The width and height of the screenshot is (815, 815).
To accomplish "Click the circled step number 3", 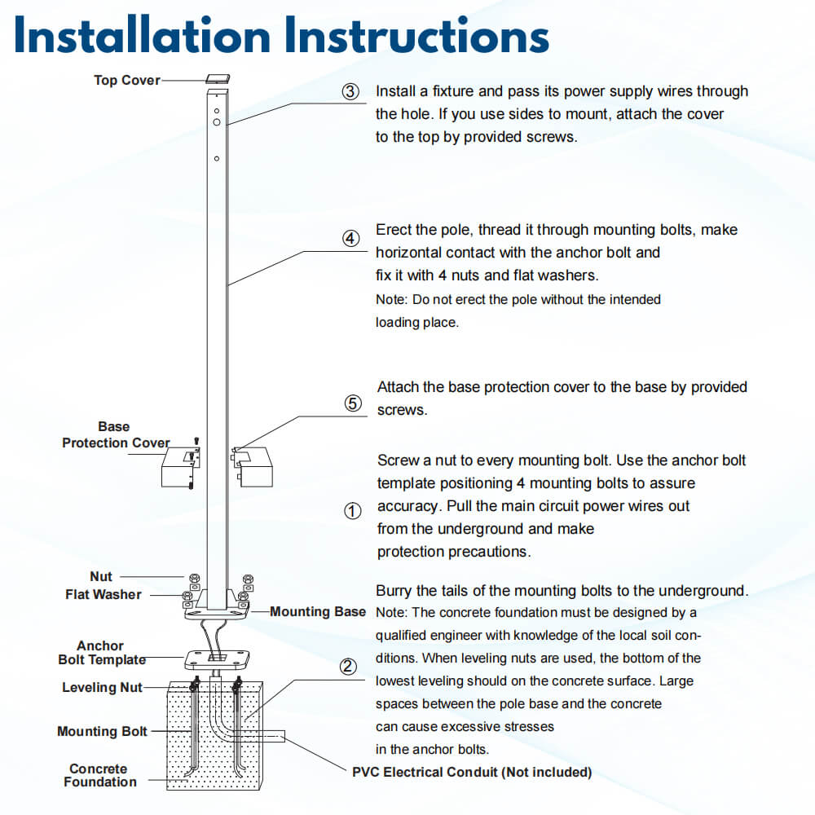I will coord(350,92).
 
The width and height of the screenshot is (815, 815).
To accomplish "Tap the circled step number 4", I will coord(350,239).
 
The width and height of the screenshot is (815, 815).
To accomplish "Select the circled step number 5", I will coord(353,403).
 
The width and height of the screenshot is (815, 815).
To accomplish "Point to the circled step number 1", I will coord(352,511).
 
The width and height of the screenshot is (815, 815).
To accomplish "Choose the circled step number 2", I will coord(348,667).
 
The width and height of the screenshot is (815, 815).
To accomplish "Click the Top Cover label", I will coord(126,80).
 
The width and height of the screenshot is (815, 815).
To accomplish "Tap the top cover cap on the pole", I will coord(218,79).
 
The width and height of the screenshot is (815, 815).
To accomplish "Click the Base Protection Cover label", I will coord(115,434).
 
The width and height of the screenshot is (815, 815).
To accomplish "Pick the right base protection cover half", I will coord(254,465).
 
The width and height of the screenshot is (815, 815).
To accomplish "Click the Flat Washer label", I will coord(103,594).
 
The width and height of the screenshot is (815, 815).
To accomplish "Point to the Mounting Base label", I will coord(318,611).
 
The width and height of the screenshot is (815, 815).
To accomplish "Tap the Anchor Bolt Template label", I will coord(101,652).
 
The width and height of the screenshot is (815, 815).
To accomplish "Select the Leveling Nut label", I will coord(102,687).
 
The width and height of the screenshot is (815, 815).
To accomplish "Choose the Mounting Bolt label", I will coord(102,731).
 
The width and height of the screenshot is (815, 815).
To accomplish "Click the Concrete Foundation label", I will coord(99,775).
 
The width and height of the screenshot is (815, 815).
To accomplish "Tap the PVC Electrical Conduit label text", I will coord(471,772).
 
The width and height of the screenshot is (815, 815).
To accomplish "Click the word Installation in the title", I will coord(142,37).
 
